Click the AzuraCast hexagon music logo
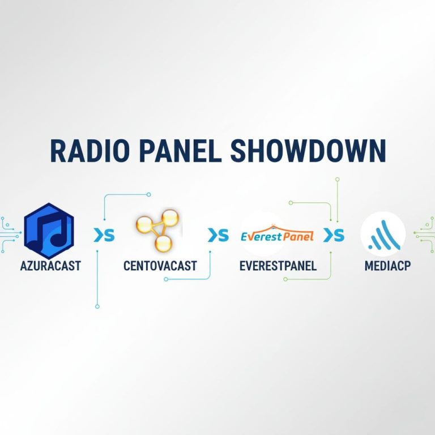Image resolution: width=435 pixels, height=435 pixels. (49, 231)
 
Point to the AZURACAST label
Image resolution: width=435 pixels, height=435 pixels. (50, 266)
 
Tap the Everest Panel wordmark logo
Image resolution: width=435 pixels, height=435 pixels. (277, 234)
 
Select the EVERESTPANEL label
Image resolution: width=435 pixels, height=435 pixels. (278, 266)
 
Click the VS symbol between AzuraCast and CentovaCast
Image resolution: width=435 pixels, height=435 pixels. (104, 235)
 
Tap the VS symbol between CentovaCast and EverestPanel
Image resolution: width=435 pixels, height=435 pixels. (218, 235)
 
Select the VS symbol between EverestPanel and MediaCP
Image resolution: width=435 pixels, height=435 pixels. (334, 235)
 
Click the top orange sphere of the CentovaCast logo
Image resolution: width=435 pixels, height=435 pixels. (169, 217)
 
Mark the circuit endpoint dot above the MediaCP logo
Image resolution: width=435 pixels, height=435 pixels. (338, 179)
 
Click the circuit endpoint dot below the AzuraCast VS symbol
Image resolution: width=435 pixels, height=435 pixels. (97, 306)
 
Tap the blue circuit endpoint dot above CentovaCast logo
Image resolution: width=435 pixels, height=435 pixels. (149, 194)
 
